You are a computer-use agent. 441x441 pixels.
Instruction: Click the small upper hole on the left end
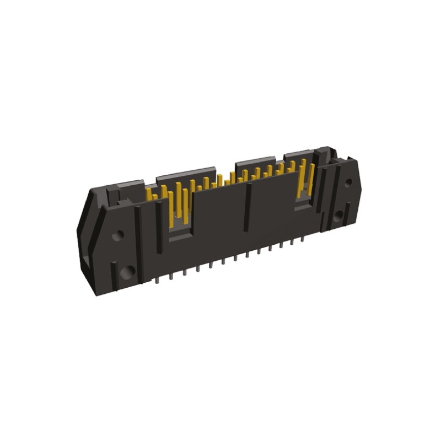[116, 236]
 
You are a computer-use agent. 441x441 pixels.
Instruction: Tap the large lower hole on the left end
[127, 271]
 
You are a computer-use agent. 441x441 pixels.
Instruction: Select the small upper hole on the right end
[348, 182]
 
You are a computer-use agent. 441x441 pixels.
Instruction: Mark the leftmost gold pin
[148, 194]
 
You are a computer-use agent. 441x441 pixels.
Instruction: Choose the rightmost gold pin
[311, 179]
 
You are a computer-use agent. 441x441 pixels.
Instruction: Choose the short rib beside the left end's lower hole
[113, 273]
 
